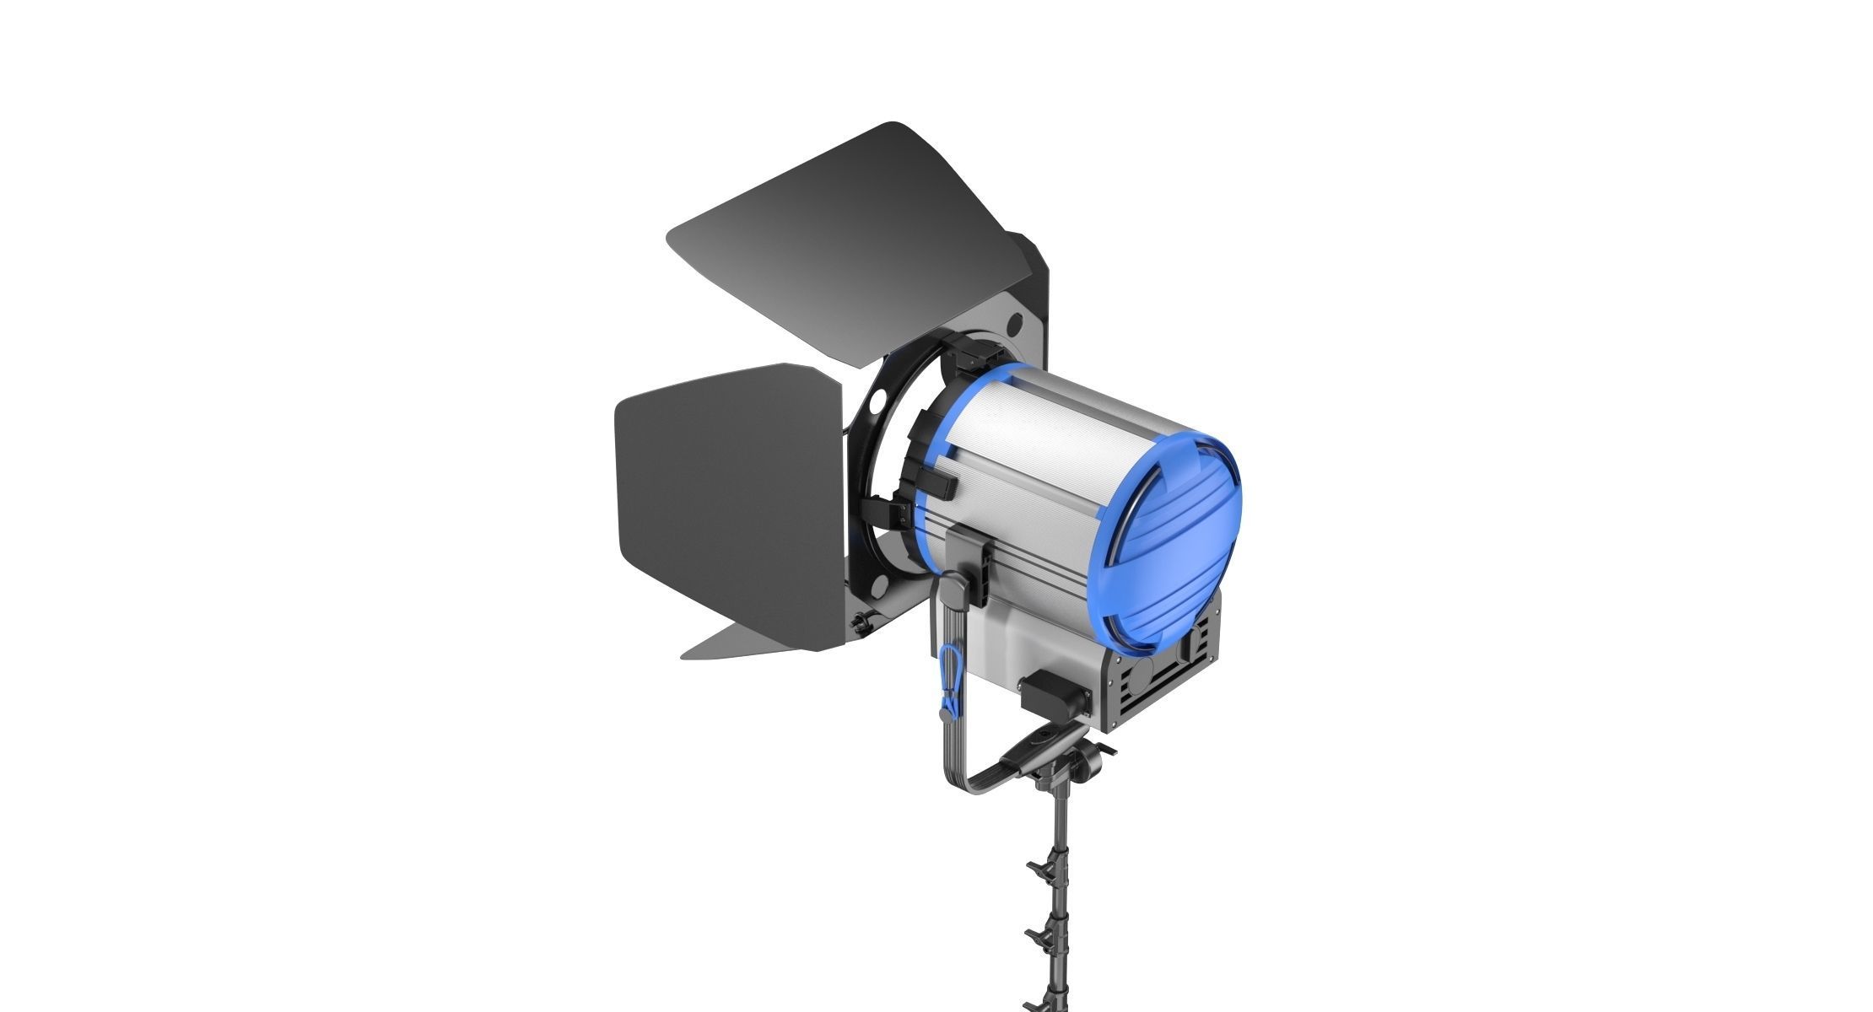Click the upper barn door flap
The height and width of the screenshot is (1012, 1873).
(x=844, y=245)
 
